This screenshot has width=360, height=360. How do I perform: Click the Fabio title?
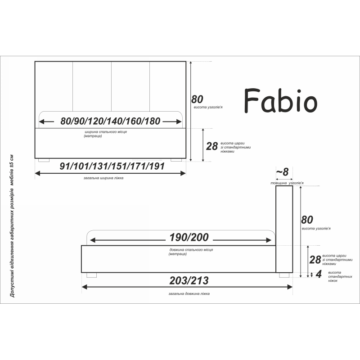(280, 101)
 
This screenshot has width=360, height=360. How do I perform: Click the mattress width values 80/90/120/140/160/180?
(110, 121)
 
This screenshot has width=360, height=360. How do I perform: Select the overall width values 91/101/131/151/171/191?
(112, 166)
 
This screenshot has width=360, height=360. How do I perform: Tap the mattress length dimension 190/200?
(189, 238)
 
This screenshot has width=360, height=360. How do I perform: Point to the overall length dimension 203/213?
(189, 280)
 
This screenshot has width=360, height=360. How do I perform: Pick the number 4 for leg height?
(319, 274)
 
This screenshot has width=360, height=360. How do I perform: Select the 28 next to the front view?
(211, 146)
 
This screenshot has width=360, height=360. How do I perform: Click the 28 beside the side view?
(315, 260)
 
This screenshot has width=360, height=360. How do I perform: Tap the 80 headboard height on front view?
(197, 99)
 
